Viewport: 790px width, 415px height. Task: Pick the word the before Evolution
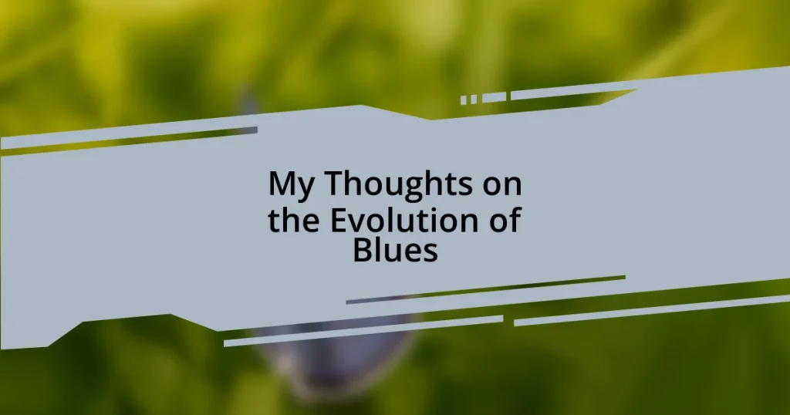click(x=295, y=221)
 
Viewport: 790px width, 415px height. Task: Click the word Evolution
click(x=403, y=221)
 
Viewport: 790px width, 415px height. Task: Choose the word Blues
click(x=395, y=251)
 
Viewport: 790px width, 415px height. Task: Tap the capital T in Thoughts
click(x=329, y=184)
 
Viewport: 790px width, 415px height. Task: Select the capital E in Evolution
click(x=337, y=221)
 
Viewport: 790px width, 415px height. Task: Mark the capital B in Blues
click(x=362, y=251)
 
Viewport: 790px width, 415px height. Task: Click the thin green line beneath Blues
click(x=486, y=288)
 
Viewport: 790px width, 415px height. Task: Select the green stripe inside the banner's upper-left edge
click(x=131, y=141)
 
